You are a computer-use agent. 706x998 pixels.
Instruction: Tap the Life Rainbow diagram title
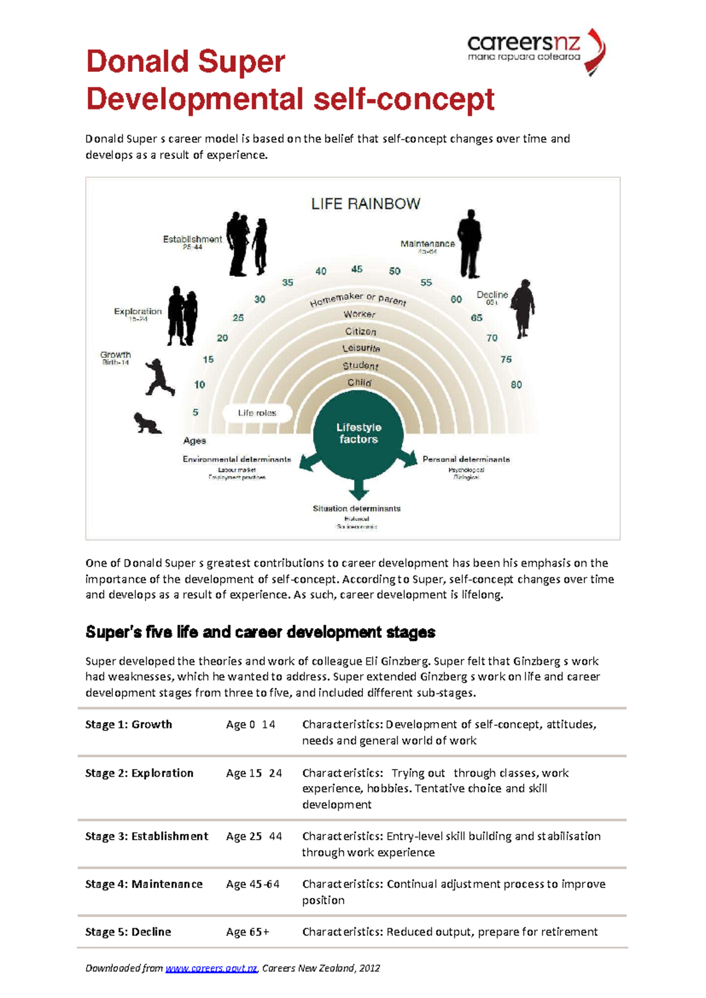click(365, 204)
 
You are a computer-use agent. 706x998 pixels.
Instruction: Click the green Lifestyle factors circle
click(358, 433)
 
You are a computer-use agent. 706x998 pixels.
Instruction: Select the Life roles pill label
click(257, 413)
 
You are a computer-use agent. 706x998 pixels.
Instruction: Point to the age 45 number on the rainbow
click(357, 269)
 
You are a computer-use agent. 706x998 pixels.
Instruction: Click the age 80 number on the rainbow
click(516, 385)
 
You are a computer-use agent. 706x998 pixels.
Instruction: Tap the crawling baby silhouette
click(146, 423)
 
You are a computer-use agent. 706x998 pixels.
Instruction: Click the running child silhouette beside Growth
click(159, 377)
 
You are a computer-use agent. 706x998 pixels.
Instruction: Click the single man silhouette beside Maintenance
click(469, 244)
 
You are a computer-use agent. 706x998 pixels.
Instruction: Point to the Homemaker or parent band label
click(358, 299)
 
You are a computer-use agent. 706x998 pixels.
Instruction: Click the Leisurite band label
click(361, 348)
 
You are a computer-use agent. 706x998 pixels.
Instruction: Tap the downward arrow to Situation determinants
click(358, 488)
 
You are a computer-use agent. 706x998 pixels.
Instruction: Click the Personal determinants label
click(466, 459)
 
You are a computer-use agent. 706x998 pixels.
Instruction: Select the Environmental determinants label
click(237, 459)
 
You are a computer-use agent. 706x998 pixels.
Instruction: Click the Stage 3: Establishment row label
click(146, 836)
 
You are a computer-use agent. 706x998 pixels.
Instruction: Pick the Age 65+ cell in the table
click(248, 932)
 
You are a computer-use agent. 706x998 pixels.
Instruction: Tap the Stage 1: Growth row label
click(129, 724)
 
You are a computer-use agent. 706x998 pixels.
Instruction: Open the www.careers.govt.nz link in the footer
click(211, 968)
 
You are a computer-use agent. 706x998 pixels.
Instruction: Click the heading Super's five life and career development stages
click(260, 632)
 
